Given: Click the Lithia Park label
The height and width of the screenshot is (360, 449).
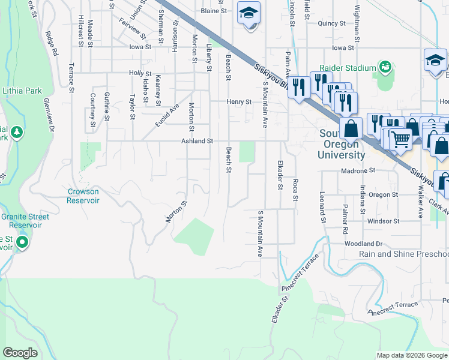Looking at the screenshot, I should [22, 91].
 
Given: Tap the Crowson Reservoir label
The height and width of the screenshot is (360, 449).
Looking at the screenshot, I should [83, 196].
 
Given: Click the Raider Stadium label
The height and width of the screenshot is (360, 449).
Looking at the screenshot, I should [347, 68].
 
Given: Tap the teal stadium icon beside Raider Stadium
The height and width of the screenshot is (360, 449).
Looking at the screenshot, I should [384, 67].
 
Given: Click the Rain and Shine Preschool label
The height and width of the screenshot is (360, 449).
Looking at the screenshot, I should [403, 254].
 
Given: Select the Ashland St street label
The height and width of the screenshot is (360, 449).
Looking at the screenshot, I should [198, 141].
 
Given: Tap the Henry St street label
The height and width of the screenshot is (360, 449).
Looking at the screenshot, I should [239, 102].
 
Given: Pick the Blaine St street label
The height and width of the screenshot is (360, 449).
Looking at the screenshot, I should [214, 11].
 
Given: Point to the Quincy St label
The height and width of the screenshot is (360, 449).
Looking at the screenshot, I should [333, 23].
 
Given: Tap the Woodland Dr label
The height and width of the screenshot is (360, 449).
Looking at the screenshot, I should [363, 244].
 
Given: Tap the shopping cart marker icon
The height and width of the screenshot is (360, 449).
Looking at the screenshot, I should [400, 138].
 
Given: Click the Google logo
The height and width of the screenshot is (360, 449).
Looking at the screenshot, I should [20, 353].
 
